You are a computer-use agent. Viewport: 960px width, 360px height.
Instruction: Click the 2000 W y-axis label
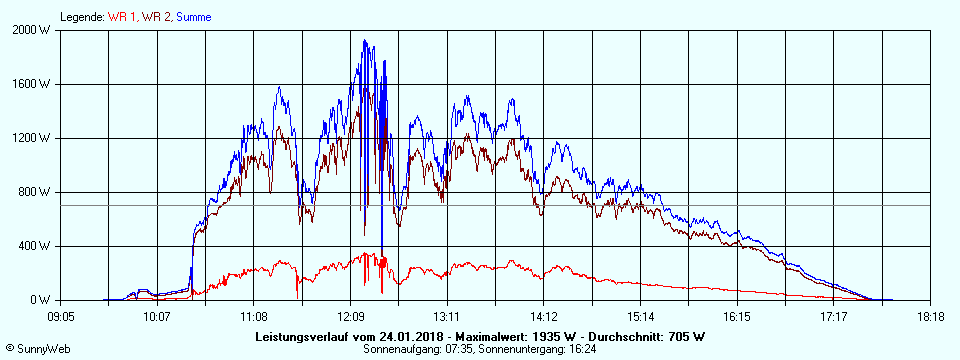coord(32,30)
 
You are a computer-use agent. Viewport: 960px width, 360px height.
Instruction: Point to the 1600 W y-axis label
coord(32,84)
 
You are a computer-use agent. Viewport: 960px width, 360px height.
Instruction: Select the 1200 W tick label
coord(32,138)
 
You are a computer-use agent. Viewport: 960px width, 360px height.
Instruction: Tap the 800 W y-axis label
coord(35,192)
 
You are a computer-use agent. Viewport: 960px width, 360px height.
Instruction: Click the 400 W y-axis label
coord(35,246)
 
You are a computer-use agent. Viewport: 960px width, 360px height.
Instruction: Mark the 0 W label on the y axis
coord(41,300)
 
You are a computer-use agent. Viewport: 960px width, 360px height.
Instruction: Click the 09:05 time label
coord(60,316)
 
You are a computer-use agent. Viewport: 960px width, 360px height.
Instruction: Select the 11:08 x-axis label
coord(254,316)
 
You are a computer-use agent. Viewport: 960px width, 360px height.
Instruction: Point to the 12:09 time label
coord(350,316)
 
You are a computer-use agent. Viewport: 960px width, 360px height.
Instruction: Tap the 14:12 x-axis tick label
coord(544,316)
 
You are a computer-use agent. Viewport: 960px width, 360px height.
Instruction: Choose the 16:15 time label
coord(737,316)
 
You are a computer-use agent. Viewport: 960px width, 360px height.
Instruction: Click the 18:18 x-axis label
coord(930,316)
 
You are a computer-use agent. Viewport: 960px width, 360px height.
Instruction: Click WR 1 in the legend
coord(123,17)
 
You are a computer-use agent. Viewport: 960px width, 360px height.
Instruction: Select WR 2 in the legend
coord(155,17)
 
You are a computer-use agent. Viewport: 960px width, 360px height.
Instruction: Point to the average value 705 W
coord(685,336)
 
